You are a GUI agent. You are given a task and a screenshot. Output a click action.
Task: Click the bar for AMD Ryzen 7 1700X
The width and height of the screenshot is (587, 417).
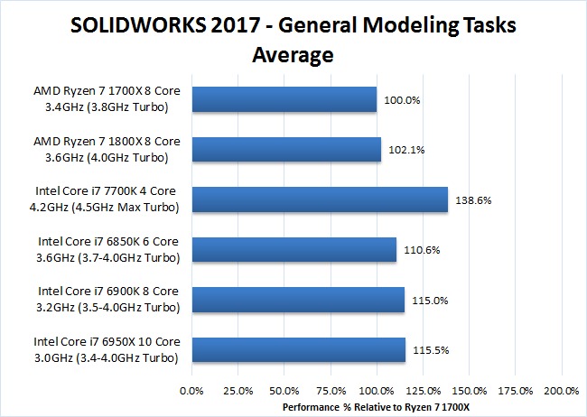pyautogui.click(x=284, y=99)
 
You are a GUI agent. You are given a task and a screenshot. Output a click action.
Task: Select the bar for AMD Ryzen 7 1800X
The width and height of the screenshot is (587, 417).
pyautogui.click(x=286, y=149)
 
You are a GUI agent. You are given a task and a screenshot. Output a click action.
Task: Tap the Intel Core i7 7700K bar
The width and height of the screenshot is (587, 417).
pyautogui.click(x=320, y=199)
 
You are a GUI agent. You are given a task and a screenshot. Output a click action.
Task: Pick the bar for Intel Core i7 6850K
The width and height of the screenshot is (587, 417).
pyautogui.click(x=294, y=249)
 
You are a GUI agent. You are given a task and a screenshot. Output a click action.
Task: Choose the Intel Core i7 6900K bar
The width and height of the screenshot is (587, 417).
pyautogui.click(x=298, y=299)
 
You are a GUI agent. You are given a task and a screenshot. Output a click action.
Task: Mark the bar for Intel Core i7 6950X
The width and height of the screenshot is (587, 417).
pyautogui.click(x=299, y=349)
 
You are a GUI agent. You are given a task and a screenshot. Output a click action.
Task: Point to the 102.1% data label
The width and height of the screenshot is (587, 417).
pyautogui.click(x=405, y=150)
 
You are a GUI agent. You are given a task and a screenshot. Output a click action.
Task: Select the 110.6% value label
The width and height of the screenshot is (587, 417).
pyautogui.click(x=421, y=249)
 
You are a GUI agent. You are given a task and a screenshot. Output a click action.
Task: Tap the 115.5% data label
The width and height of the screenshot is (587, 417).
pyautogui.click(x=430, y=349)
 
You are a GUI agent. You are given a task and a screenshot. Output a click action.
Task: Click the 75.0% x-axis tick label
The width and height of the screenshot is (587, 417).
pyautogui.click(x=331, y=391)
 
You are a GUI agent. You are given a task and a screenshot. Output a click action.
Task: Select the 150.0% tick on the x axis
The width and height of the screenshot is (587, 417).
pyautogui.click(x=470, y=391)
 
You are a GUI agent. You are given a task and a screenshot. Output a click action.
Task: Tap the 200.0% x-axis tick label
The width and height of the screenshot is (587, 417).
pyautogui.click(x=562, y=391)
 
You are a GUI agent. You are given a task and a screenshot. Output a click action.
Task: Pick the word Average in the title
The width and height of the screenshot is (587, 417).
pyautogui.click(x=293, y=54)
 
